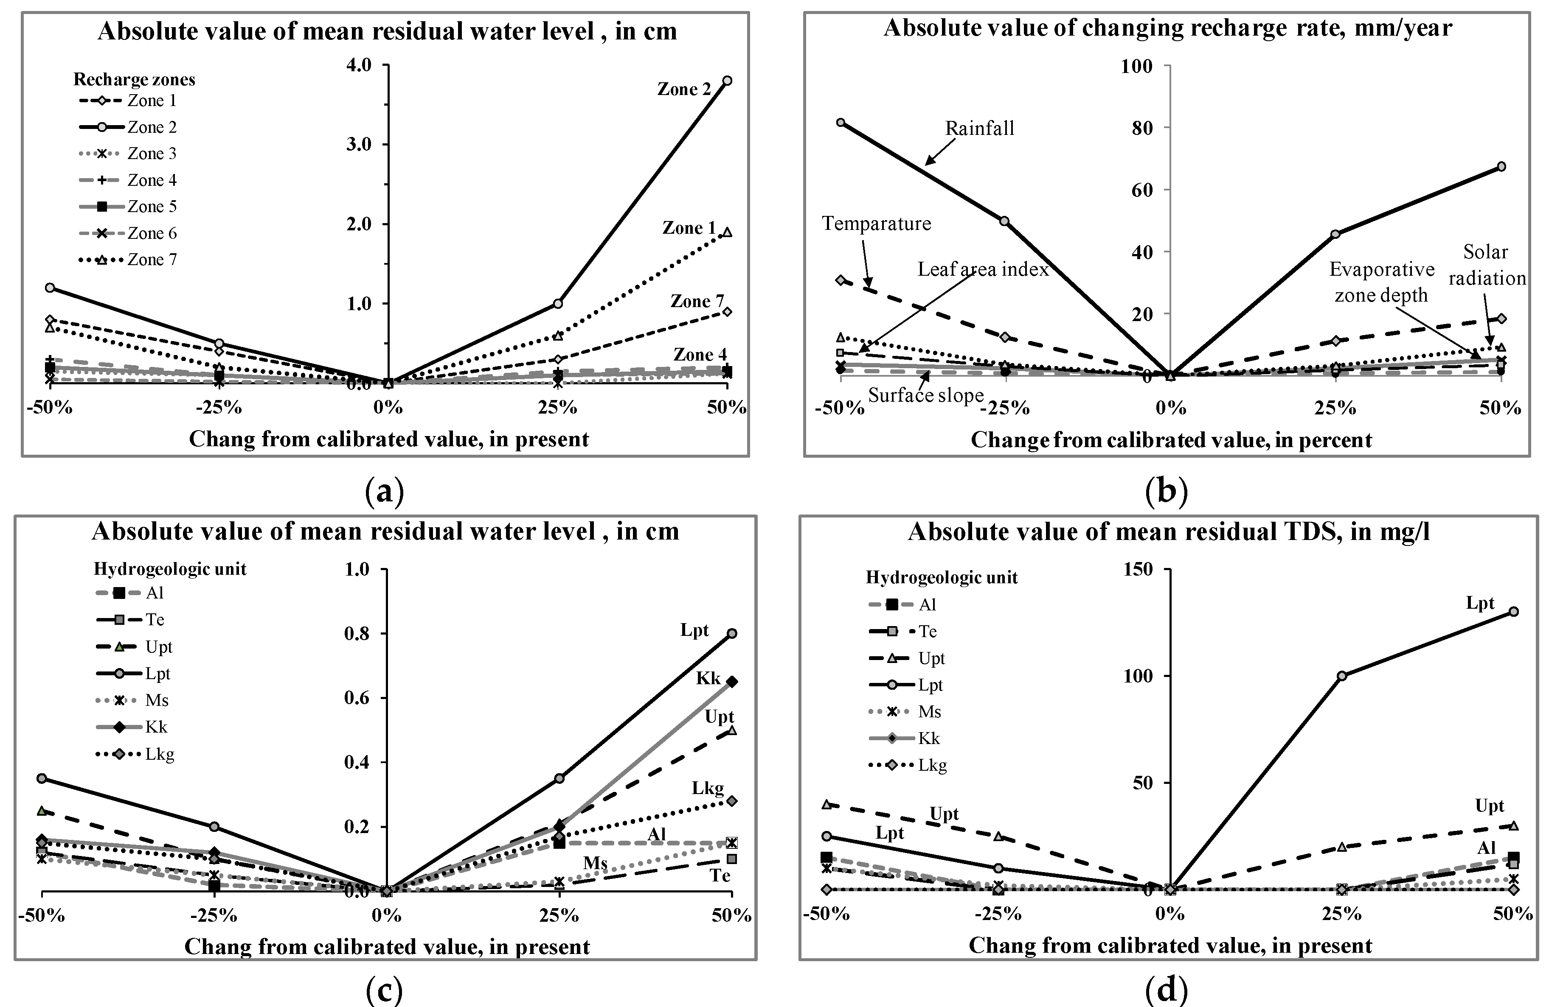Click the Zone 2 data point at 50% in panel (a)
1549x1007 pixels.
click(727, 81)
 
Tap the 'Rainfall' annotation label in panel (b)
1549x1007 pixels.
click(979, 128)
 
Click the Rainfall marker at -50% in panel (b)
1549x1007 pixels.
click(840, 122)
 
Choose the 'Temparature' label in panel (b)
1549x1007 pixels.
click(876, 224)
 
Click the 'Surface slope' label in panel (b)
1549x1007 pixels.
click(925, 395)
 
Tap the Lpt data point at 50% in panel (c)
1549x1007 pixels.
click(731, 633)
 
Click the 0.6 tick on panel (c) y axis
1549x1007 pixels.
click(357, 698)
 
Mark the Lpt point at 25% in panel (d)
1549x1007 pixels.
click(1341, 676)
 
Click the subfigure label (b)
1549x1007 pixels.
click(1166, 492)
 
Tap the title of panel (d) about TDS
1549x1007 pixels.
click(1168, 532)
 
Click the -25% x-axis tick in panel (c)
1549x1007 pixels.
click(214, 915)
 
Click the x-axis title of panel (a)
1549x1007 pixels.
click(388, 440)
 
